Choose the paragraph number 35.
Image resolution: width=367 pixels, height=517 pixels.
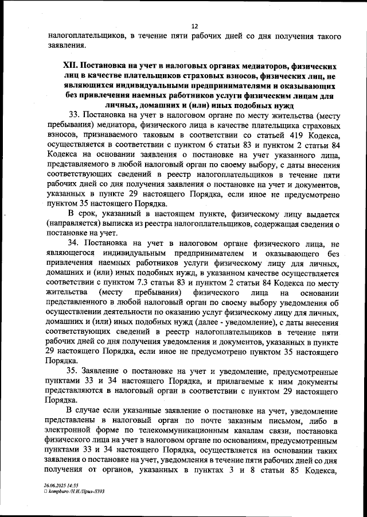coord(74,371)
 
